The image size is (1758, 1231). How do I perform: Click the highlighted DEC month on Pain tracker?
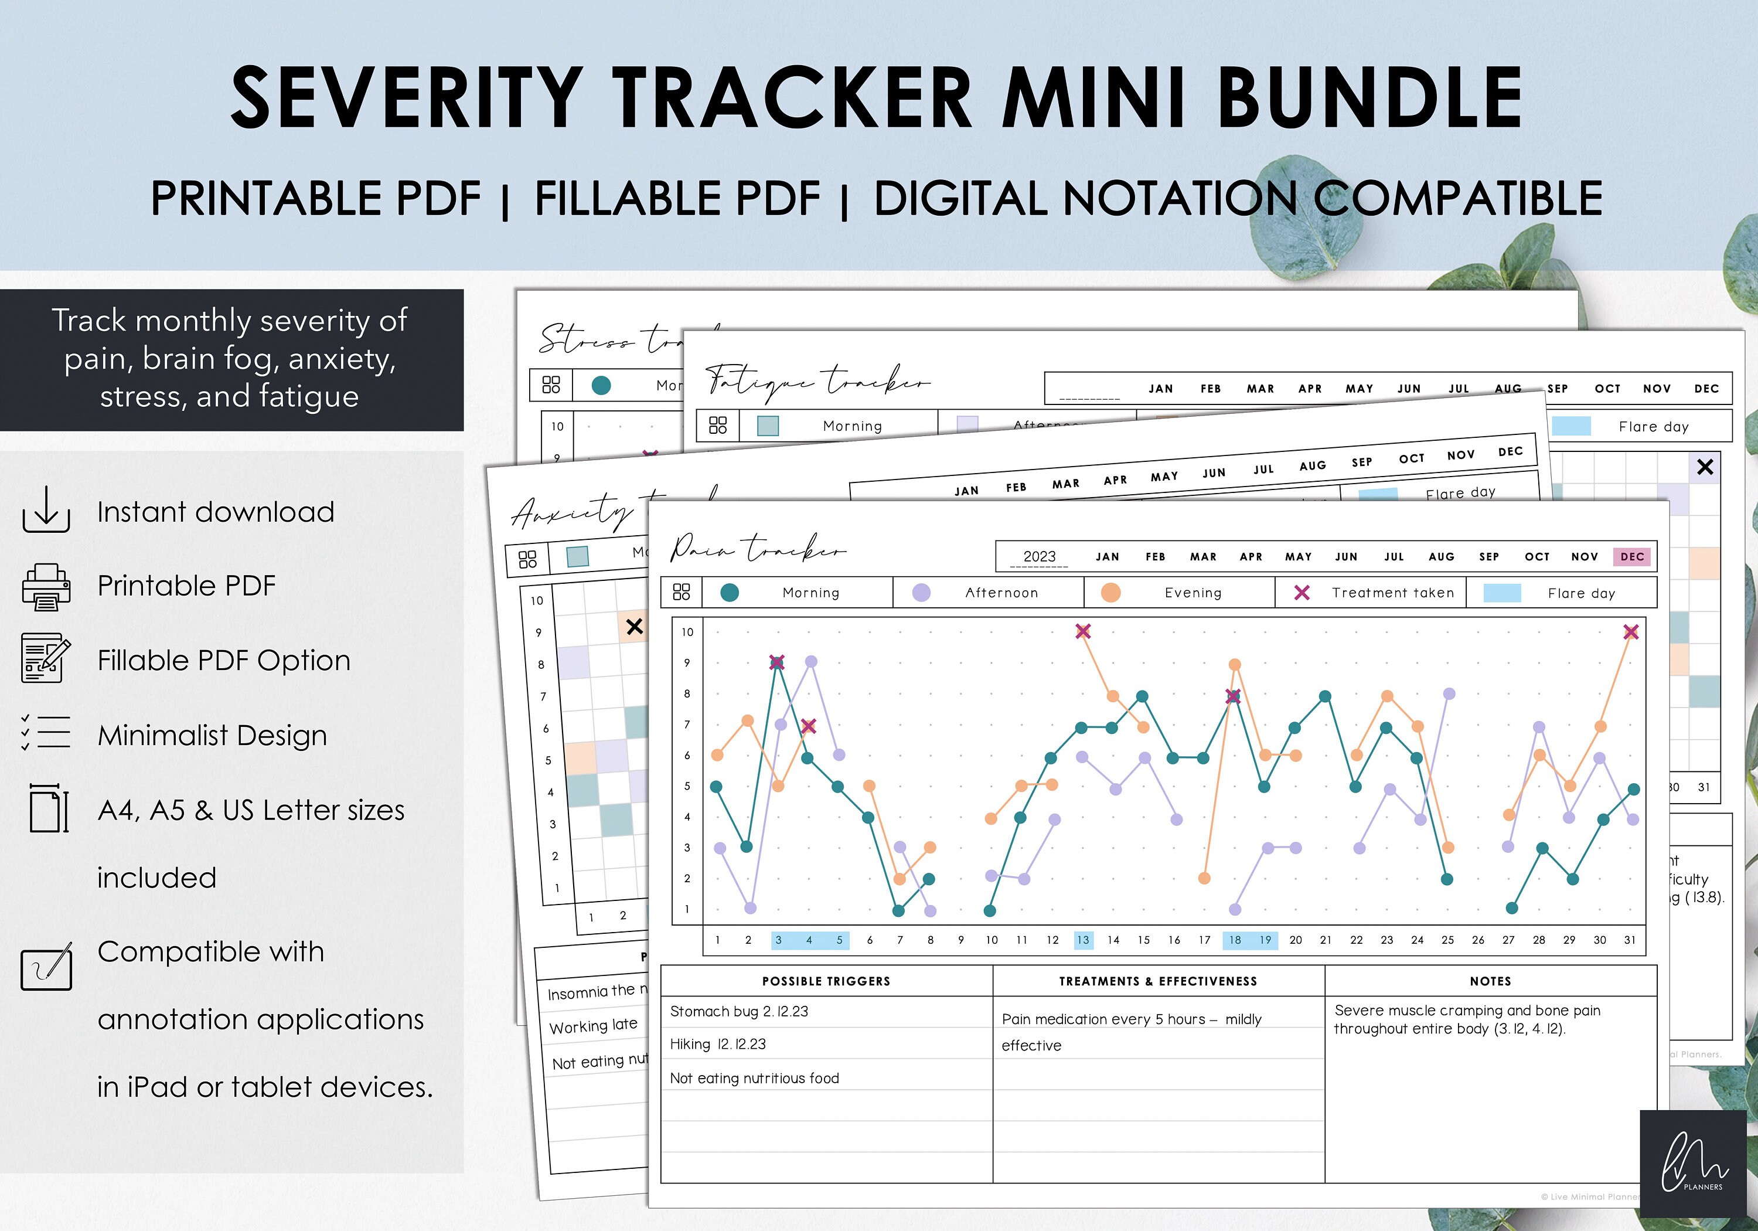[1631, 557]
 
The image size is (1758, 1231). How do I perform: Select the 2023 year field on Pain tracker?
[1039, 557]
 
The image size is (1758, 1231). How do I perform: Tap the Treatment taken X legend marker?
[1302, 593]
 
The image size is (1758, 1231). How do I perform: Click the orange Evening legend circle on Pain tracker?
[1110, 593]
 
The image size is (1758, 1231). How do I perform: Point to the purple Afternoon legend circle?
[921, 593]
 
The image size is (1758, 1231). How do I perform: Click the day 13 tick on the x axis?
[1083, 940]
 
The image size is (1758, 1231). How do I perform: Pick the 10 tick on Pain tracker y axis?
[687, 632]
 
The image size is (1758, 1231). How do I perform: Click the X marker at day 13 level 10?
[1083, 631]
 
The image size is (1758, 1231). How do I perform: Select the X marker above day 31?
[1631, 632]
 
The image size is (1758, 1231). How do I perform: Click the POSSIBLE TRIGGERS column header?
[826, 981]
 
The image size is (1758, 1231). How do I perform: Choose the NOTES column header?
[1490, 981]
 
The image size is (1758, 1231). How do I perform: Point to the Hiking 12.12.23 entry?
[717, 1044]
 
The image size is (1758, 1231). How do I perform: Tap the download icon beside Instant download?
[46, 509]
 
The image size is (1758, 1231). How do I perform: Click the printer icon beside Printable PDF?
[46, 587]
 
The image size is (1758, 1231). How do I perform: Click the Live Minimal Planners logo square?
[1694, 1164]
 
